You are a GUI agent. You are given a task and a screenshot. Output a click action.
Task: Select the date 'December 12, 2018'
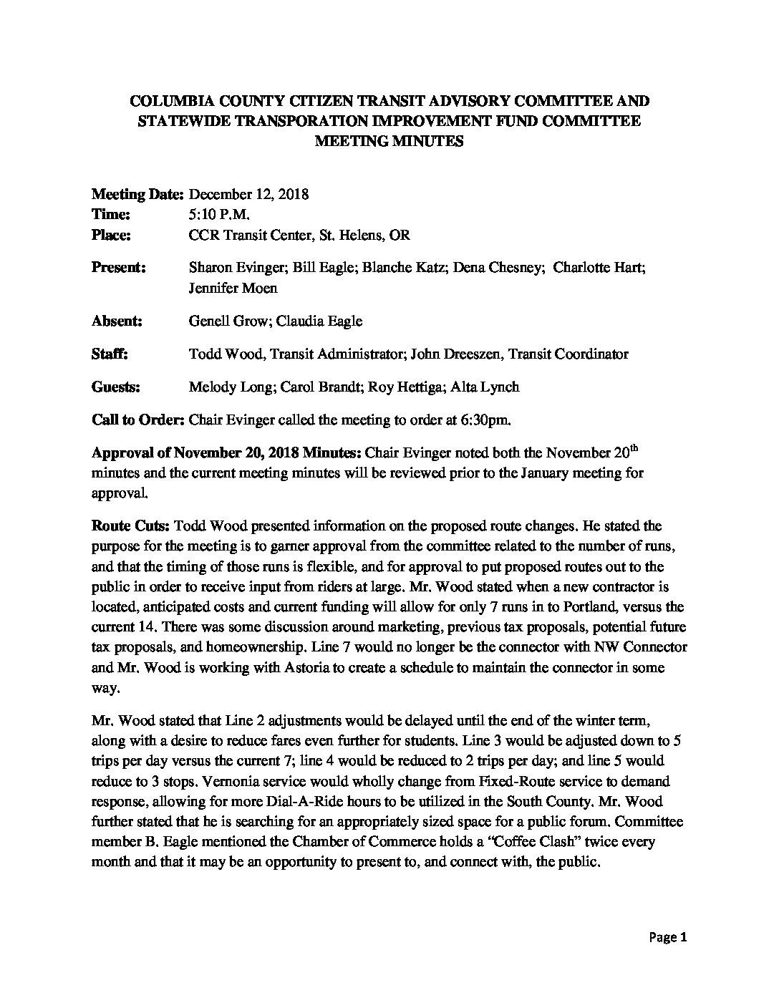point(248,194)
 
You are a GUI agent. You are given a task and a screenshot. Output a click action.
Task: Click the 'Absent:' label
point(117,321)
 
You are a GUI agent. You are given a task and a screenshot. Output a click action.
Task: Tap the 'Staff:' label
point(110,354)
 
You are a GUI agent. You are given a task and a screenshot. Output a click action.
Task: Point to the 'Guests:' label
point(116,387)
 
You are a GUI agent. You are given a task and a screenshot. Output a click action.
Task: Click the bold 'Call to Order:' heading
point(138,420)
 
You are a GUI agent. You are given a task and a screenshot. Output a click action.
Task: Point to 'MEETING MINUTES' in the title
point(389,141)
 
